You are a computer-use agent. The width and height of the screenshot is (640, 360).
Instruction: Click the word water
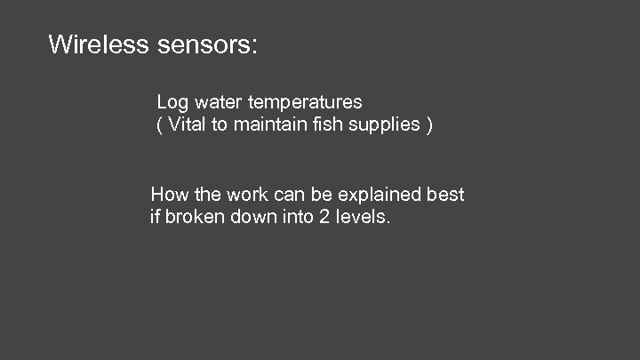214,103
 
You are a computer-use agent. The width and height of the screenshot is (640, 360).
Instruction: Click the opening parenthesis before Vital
159,125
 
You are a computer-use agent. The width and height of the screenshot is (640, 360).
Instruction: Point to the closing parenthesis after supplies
430,125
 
